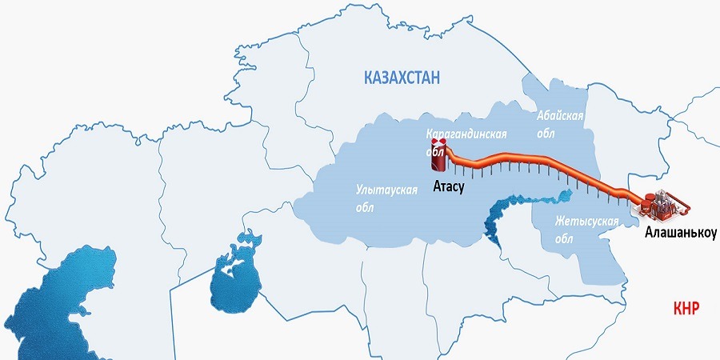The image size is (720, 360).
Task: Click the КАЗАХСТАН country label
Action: pos(402,78)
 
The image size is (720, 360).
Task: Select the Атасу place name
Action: pos(448,186)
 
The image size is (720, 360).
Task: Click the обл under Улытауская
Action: pos(364,208)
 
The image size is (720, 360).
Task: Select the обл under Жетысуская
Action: pos(563,238)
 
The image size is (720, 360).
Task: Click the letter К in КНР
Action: pos(678,308)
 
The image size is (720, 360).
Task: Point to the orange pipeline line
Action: pos(544,163)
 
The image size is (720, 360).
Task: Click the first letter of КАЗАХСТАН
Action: pos(368,78)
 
